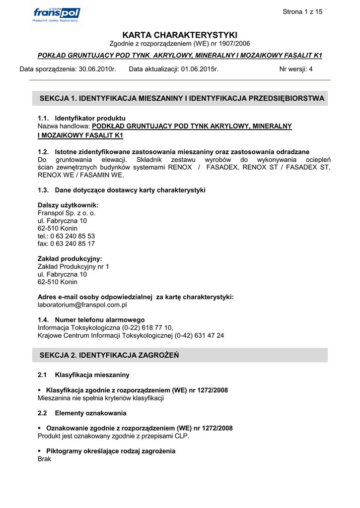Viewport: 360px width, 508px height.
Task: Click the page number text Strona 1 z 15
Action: pos(302,12)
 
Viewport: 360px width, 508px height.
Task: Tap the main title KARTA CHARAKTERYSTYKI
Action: pos(180,35)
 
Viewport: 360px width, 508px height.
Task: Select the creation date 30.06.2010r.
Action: pos(97,69)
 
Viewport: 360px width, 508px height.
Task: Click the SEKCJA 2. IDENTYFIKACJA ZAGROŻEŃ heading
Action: pos(109,355)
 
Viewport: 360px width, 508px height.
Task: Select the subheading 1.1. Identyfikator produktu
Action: pos(81,118)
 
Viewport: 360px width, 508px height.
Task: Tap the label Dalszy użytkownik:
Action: pos(68,205)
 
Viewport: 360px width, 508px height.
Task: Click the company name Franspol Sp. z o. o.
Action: pos(67,213)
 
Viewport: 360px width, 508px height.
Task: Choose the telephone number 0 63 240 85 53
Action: pos(72,236)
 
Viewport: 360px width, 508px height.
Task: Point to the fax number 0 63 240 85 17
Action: pos(72,244)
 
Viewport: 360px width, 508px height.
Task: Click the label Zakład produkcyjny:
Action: pos(70,258)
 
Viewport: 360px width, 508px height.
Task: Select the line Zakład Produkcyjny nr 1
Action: pos(73,266)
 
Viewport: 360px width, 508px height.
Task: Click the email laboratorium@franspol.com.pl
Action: pos(82,305)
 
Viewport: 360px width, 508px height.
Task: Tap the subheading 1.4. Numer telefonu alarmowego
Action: pos(91,320)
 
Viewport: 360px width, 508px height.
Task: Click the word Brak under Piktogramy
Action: pos(44,459)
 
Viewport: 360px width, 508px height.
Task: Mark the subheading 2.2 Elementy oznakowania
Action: pos(82,413)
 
